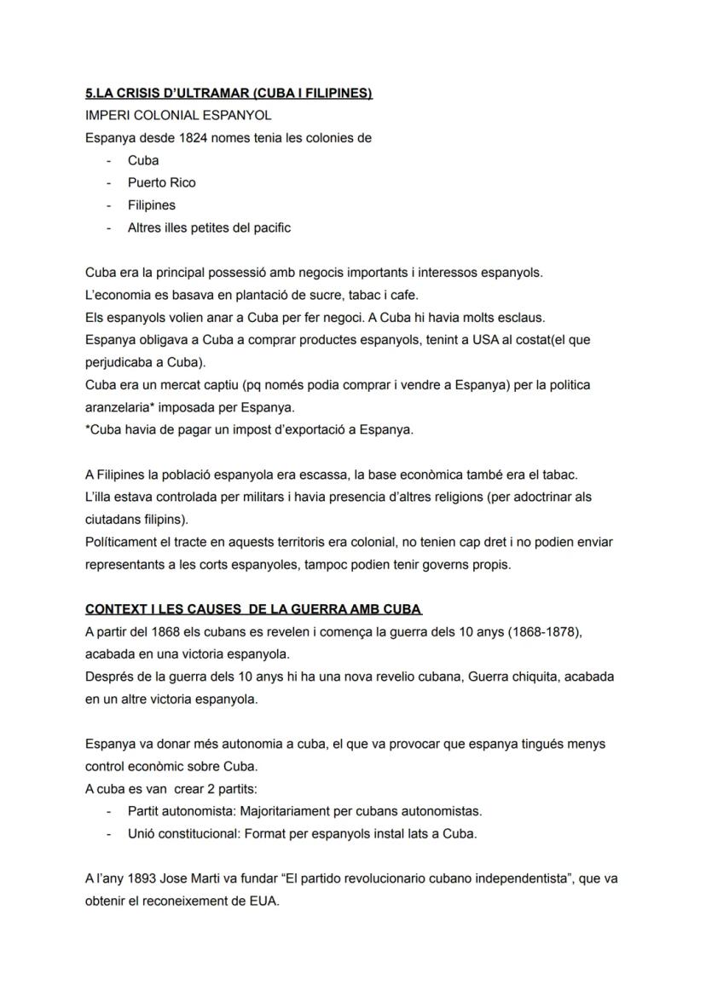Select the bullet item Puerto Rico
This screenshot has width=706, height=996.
tap(162, 182)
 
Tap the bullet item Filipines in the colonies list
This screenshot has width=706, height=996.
tap(152, 205)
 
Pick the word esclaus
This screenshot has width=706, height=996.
tap(520, 317)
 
